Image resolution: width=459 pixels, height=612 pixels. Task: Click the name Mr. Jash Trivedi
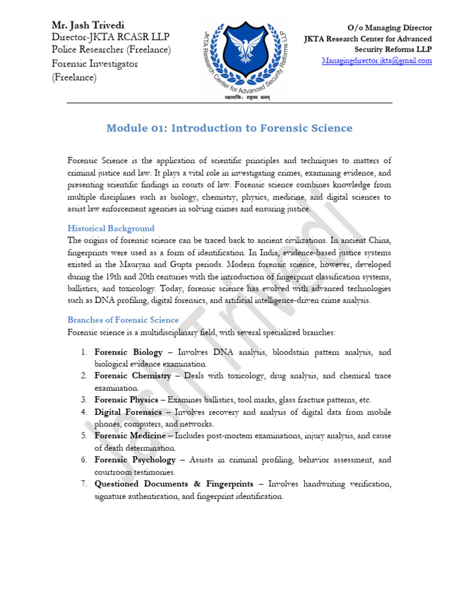[89, 26]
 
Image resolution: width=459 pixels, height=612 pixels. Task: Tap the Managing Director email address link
[377, 61]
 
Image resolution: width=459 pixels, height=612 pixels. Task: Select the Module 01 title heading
[229, 128]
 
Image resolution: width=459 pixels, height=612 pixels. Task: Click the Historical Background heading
[111, 228]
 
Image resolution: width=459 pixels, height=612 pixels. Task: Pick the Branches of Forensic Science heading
[123, 320]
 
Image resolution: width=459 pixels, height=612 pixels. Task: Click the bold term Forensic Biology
[128, 352]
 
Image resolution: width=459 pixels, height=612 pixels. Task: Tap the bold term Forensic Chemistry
[133, 376]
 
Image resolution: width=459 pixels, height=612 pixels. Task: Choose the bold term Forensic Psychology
[135, 460]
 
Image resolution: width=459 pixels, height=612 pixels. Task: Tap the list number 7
[84, 484]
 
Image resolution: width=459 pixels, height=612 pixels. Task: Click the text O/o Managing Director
[390, 28]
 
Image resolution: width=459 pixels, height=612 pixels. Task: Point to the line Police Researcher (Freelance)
[111, 50]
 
